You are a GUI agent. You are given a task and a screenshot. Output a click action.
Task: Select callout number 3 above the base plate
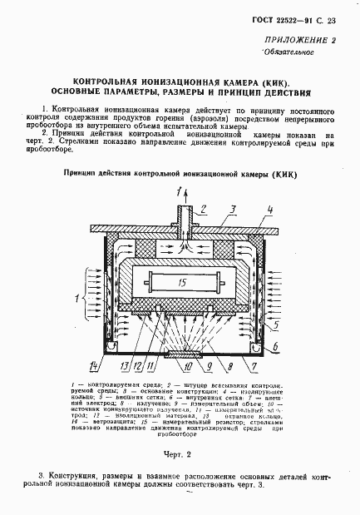tap(235, 209)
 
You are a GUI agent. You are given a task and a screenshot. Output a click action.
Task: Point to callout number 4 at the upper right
tap(269, 209)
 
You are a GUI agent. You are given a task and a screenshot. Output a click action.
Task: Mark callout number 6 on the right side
tap(272, 344)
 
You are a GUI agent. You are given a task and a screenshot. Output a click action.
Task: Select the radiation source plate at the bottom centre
tap(185, 353)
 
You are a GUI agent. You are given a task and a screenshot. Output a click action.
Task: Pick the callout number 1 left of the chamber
tap(76, 296)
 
